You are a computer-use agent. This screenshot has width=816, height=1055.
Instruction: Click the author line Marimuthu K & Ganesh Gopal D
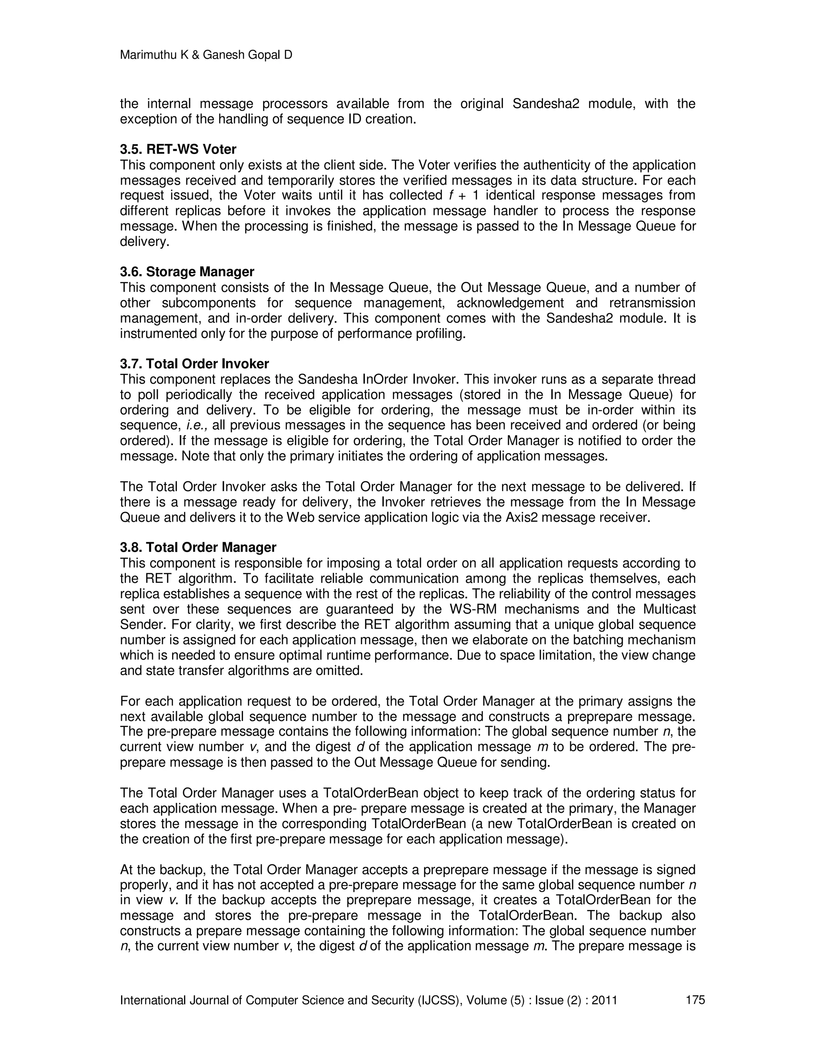coord(206,55)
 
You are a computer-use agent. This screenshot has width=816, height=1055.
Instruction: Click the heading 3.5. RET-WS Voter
coord(178,149)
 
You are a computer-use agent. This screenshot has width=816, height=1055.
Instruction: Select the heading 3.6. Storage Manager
coord(186,272)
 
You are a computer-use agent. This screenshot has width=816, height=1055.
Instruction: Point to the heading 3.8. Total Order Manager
coord(198,547)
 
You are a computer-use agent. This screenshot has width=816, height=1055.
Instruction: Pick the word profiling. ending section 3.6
coord(441,334)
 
